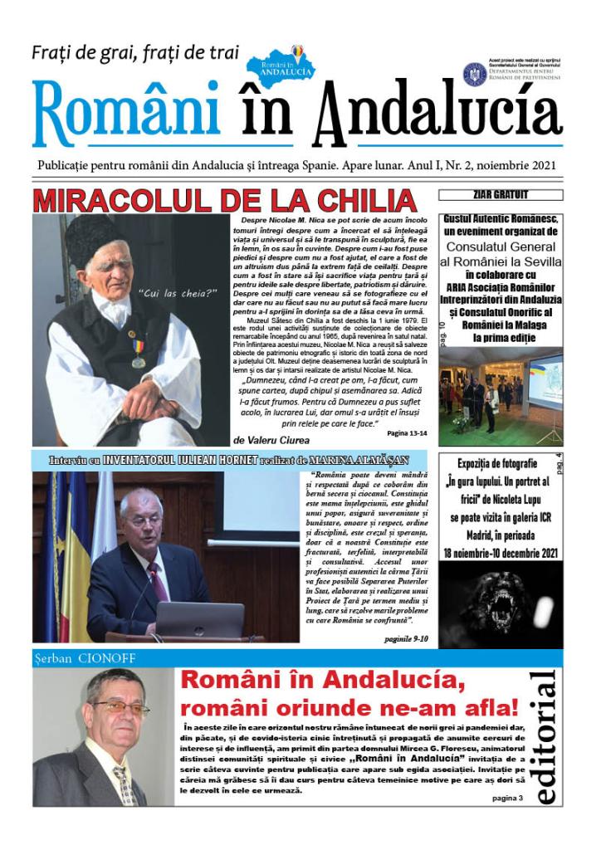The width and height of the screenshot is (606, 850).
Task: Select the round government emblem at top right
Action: pyautogui.click(x=474, y=75)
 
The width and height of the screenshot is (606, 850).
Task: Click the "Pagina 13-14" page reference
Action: pyautogui.click(x=407, y=432)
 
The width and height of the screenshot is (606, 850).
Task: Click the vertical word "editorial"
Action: pyautogui.click(x=545, y=738)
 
